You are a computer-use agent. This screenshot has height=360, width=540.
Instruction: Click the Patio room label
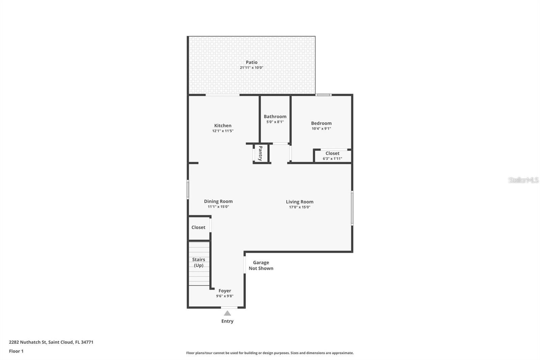(x=251, y=62)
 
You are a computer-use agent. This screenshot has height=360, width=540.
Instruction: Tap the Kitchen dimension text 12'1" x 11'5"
(x=223, y=131)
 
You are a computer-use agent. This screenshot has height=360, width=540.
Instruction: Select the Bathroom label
(x=275, y=117)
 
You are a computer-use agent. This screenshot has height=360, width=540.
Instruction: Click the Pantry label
(x=261, y=153)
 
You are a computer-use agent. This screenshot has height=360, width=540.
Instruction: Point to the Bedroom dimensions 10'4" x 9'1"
(x=321, y=129)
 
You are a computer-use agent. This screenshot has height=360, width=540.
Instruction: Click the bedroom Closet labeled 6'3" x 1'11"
(x=332, y=156)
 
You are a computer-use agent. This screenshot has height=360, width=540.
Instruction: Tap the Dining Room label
(x=218, y=201)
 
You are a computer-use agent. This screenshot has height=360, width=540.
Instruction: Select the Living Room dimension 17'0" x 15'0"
(x=299, y=207)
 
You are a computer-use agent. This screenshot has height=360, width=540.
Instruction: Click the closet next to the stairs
(x=198, y=228)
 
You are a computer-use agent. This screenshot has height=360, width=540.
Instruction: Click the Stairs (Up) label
(x=198, y=262)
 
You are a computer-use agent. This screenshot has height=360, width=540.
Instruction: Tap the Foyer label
(x=225, y=291)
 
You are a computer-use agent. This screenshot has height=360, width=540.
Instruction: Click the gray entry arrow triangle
(x=227, y=313)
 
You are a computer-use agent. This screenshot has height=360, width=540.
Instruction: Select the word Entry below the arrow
(x=227, y=321)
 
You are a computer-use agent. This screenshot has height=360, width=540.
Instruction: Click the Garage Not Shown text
(x=261, y=265)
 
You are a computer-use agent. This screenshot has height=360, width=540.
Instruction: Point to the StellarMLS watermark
(x=523, y=180)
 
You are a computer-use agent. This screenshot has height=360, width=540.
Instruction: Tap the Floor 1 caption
(x=16, y=351)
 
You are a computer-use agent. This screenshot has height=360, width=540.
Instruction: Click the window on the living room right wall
(x=352, y=208)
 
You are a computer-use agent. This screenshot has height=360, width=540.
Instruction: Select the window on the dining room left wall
(x=188, y=189)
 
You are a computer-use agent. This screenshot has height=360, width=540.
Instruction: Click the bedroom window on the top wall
(x=323, y=95)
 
